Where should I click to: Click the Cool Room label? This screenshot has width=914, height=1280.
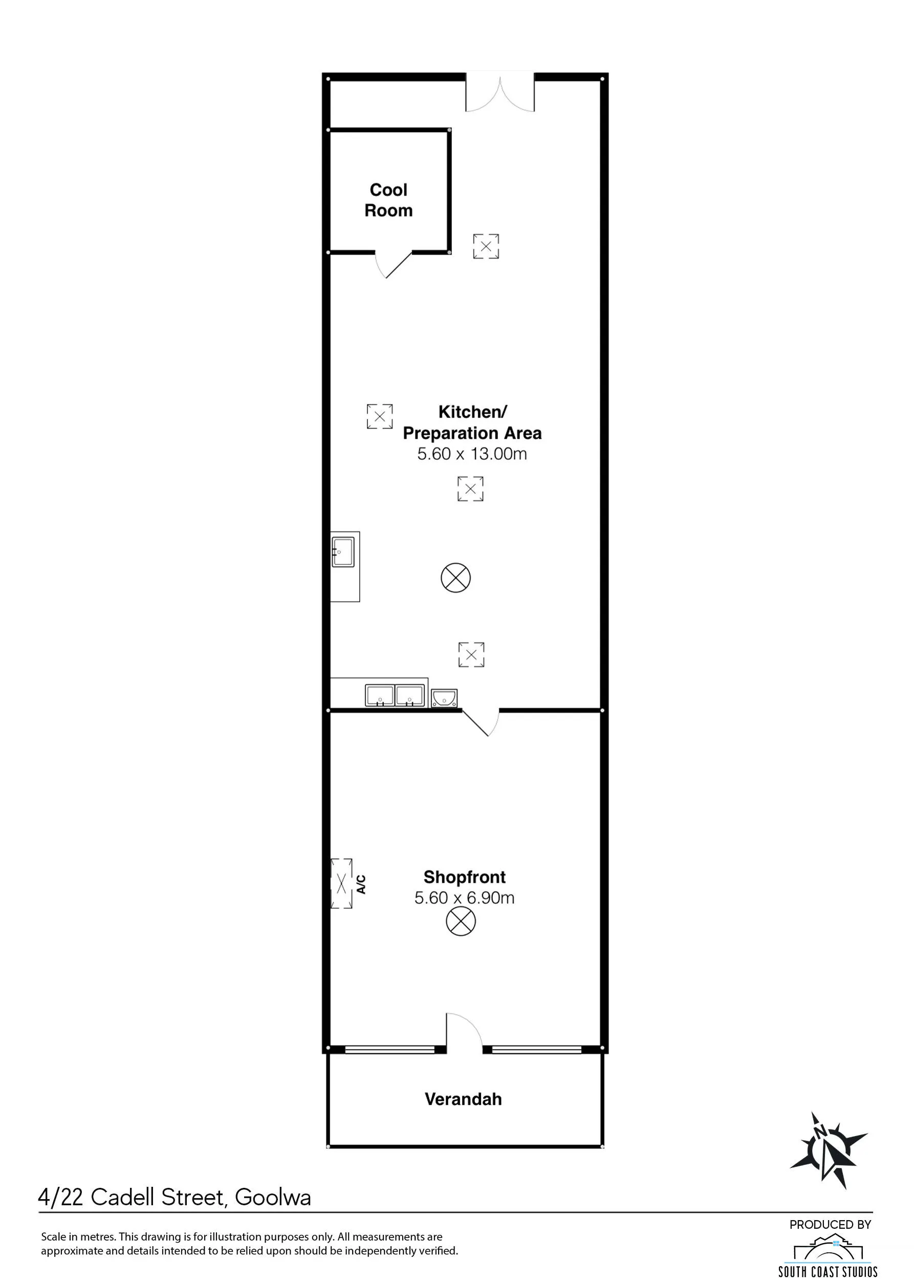(388, 200)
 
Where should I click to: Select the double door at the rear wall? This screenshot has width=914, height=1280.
(500, 93)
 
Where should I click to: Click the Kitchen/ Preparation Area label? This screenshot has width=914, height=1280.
(472, 422)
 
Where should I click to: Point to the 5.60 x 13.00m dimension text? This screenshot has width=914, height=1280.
(472, 454)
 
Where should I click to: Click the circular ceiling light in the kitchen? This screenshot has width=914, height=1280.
(455, 578)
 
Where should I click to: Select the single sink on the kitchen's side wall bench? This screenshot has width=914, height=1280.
(343, 552)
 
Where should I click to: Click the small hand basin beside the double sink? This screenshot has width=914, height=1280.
(444, 698)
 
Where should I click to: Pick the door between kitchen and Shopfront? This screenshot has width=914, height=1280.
(481, 722)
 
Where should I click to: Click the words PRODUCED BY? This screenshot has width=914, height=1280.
(830, 1224)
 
